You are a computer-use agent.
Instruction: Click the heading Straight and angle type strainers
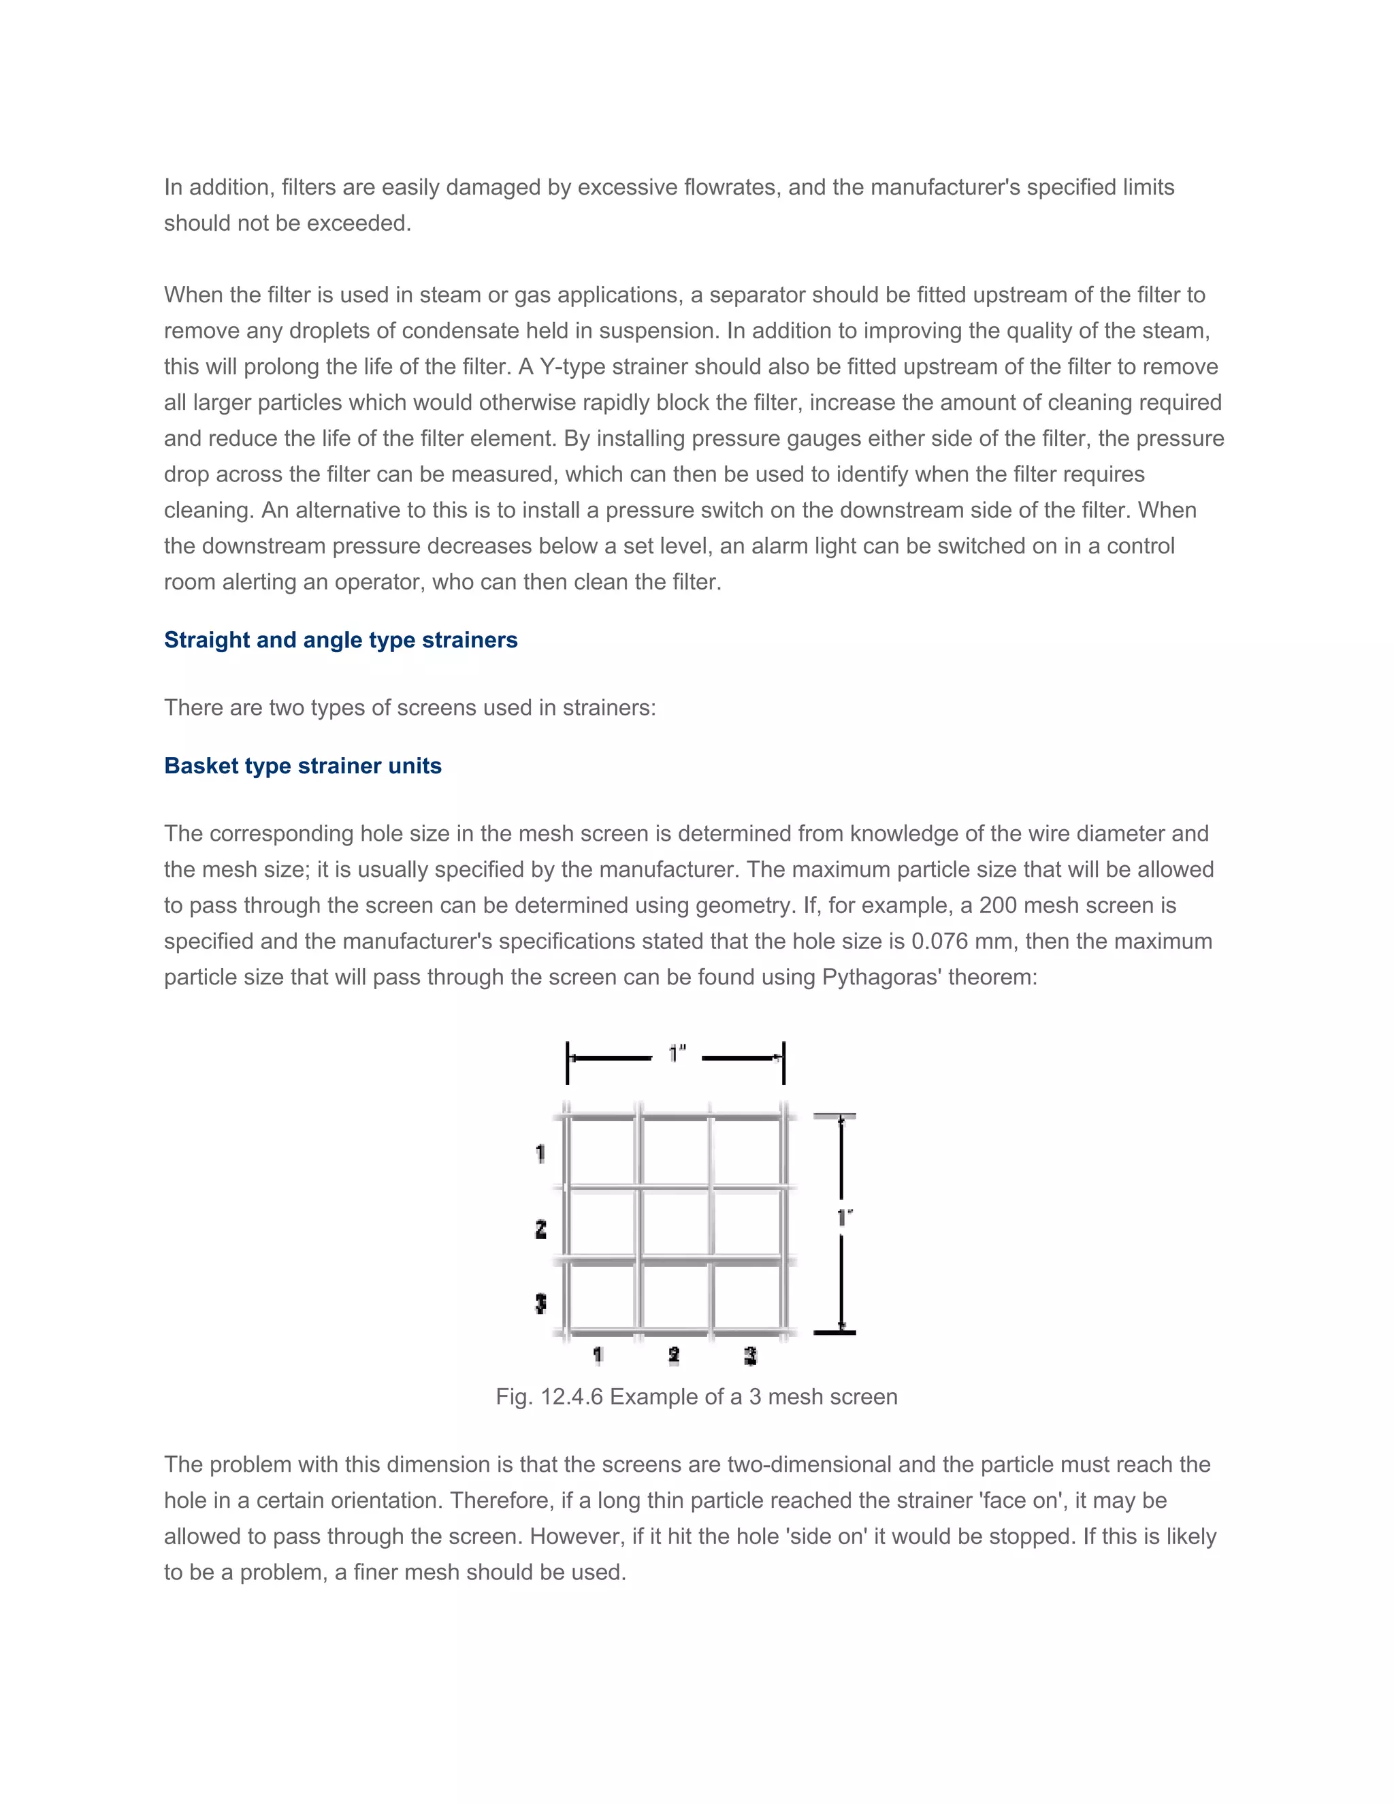point(340,640)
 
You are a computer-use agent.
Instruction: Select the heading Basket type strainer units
point(302,766)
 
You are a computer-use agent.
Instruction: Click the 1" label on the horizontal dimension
point(677,1054)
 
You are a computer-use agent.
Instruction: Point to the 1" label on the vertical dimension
point(844,1218)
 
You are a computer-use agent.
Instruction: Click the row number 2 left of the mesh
point(541,1229)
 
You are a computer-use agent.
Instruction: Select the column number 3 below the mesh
point(750,1355)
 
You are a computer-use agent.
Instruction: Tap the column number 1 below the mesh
point(598,1355)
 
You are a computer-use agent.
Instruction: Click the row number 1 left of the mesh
point(541,1153)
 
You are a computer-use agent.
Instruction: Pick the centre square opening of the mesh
point(675,1225)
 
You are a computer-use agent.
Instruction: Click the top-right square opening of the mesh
point(747,1153)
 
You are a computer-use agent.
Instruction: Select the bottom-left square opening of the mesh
point(603,1297)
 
